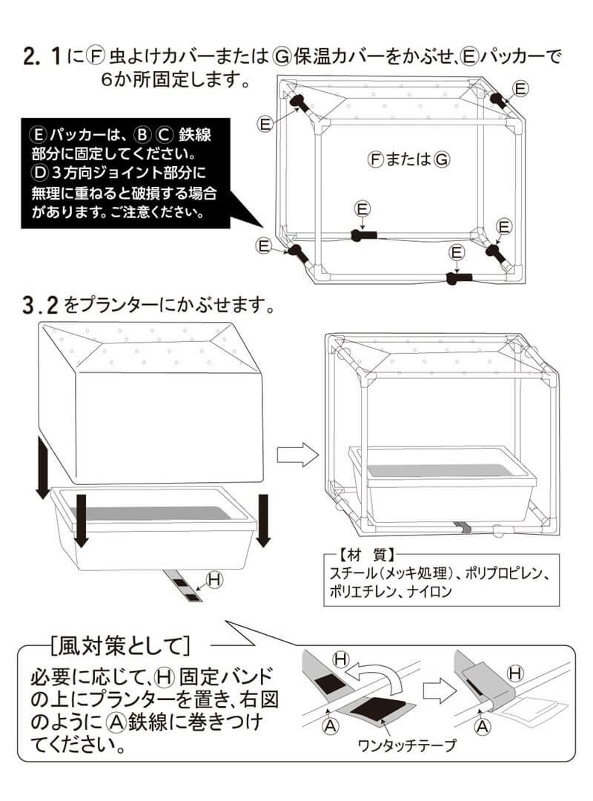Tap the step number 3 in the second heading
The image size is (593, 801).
point(31,305)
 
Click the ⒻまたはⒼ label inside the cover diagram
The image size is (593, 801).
point(408,158)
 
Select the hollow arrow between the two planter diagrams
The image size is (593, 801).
point(296,455)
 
